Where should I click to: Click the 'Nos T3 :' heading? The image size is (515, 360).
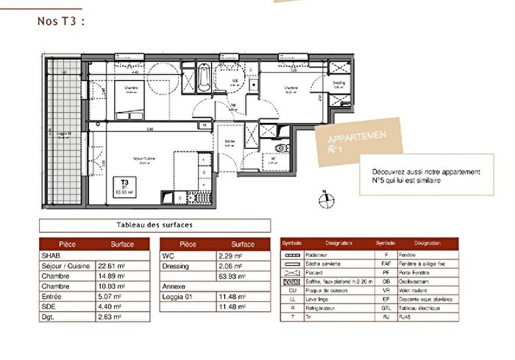tap(62, 21)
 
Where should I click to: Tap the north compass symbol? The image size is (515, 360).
tap(324, 197)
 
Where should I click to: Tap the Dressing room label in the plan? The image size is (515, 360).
tap(338, 84)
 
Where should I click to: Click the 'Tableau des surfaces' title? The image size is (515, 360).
tap(154, 226)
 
